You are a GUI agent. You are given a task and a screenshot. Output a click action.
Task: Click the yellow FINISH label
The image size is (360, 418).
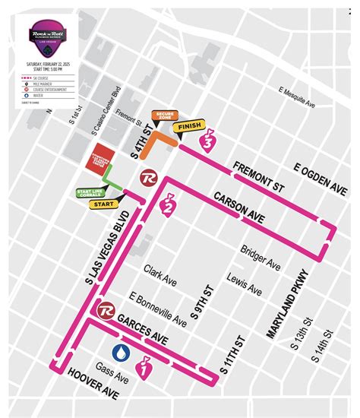click(188, 128)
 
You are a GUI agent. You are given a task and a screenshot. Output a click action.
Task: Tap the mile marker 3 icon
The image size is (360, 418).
click(204, 139)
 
